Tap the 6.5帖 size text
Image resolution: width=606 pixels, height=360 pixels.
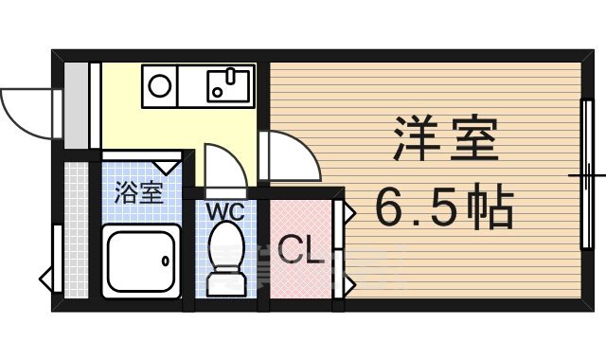click(x=445, y=207)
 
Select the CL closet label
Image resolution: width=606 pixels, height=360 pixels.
click(x=302, y=251)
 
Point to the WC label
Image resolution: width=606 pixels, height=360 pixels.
click(x=224, y=211)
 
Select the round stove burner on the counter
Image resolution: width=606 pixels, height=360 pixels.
click(x=160, y=86)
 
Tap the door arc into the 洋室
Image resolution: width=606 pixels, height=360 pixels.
click(x=289, y=156)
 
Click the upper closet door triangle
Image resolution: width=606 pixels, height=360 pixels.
click(x=348, y=211)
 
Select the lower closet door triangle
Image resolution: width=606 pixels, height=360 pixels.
click(x=348, y=282)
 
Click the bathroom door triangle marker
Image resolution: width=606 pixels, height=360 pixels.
click(x=171, y=166)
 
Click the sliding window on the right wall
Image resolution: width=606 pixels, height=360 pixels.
click(x=587, y=175)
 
